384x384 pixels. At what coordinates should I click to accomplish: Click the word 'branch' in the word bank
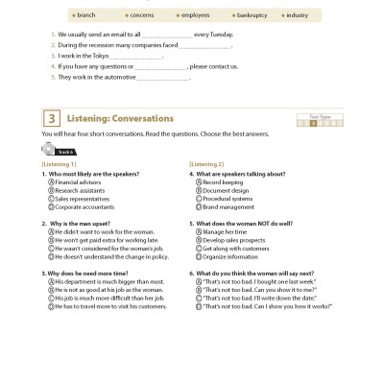click(87, 15)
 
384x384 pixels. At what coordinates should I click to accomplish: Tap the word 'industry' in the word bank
click(298, 15)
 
